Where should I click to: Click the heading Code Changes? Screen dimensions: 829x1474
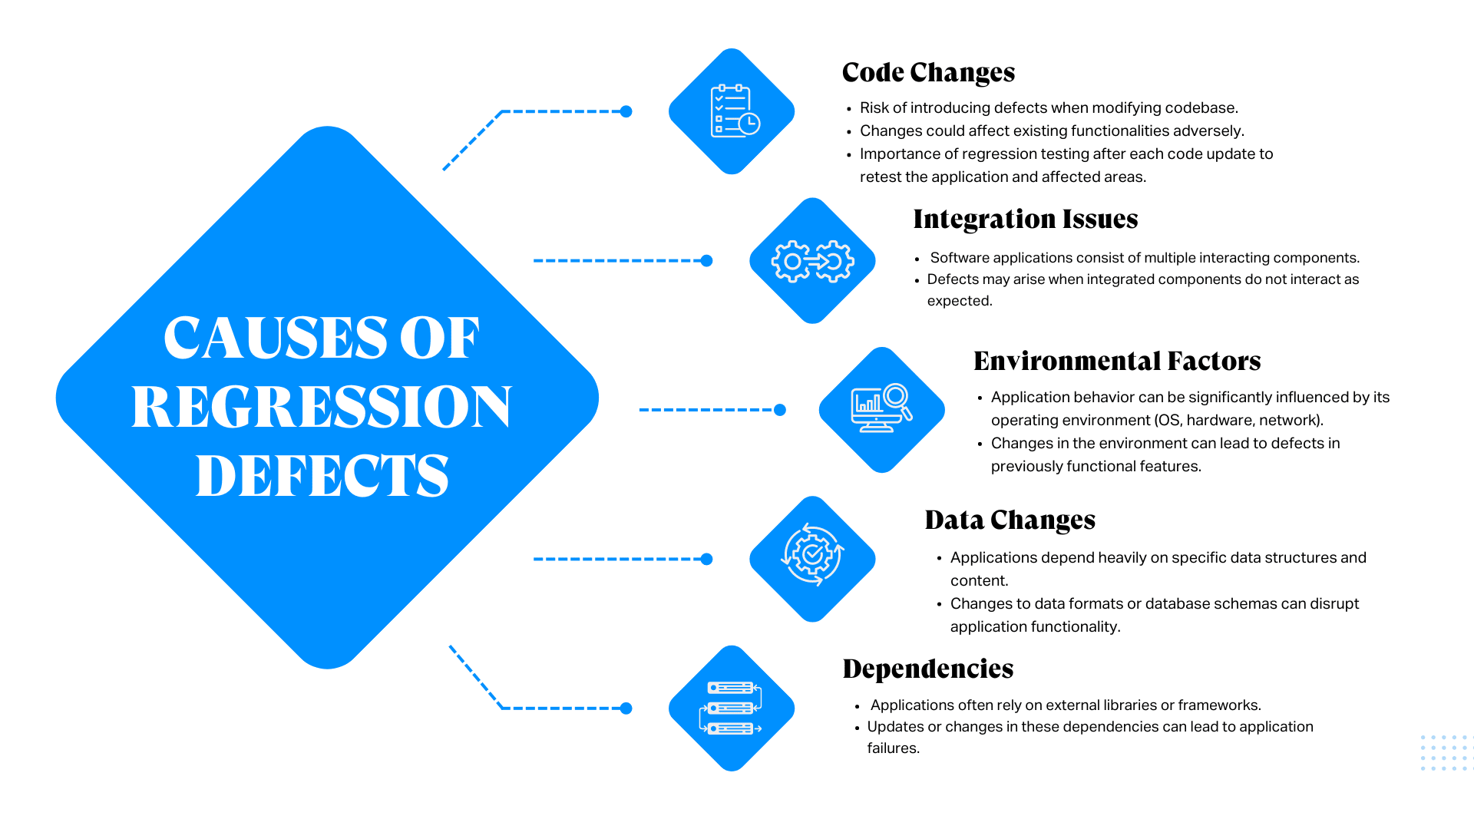928,73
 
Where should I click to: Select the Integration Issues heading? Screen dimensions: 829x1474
1025,220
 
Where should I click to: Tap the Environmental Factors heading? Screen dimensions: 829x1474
1117,362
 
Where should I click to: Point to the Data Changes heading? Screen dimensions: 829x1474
1010,520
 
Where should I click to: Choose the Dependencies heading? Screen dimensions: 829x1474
927,669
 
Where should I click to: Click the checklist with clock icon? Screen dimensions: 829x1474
733,112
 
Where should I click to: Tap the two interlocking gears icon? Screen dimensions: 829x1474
812,261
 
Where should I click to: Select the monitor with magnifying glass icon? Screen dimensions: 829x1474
881,409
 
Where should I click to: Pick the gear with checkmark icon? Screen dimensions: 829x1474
812,555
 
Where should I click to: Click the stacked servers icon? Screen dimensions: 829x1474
732,708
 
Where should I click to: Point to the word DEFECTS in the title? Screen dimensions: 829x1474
322,476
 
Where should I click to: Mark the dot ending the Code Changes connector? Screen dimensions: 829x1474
626,112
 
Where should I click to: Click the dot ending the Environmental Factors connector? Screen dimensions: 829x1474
780,410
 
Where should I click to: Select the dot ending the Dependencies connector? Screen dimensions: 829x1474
626,708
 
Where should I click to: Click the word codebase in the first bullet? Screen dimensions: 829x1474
1201,108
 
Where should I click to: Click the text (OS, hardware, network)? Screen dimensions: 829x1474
1238,421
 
